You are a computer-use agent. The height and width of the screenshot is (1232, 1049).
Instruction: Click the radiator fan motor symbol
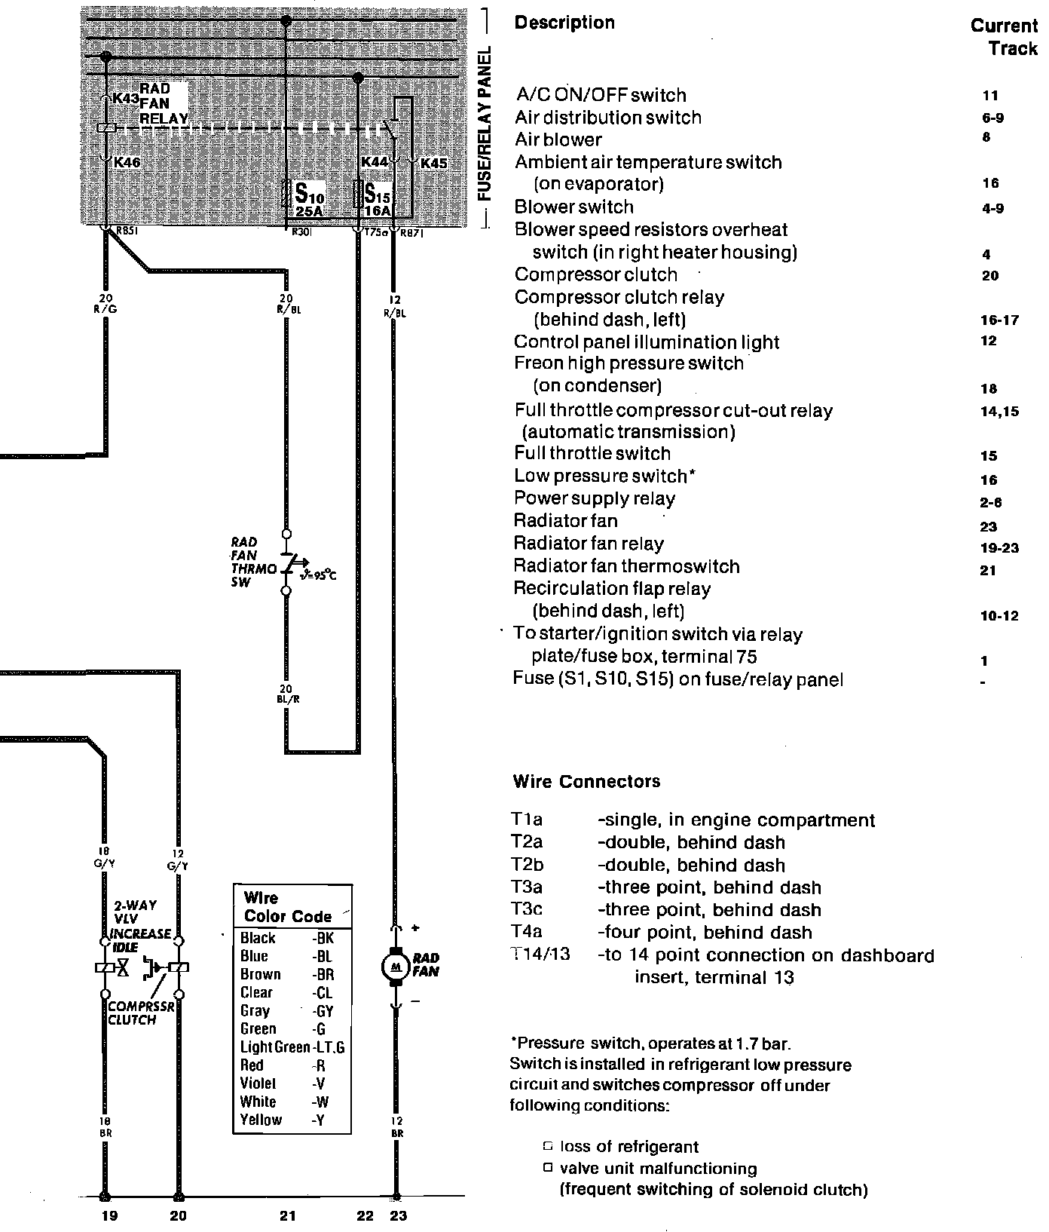pos(395,966)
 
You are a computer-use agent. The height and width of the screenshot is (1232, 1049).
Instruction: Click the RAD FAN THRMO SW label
pos(252,562)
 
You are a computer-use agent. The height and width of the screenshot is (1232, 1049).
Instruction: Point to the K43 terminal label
pos(124,99)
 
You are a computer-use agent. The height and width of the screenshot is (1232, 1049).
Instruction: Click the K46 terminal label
pos(127,162)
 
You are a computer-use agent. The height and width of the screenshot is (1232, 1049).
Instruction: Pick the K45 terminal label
pos(434,163)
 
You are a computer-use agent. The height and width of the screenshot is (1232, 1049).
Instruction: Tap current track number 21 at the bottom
pos(288,1215)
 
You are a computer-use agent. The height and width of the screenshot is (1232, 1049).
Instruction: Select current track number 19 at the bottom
pos(110,1215)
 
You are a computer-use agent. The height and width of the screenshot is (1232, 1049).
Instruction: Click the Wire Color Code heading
pos(287,907)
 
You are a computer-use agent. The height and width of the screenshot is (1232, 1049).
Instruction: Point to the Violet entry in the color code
pos(258,1083)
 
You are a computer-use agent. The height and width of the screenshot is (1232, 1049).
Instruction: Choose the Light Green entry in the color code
pos(274,1047)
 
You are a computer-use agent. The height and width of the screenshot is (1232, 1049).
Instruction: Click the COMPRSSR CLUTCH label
pos(132,1013)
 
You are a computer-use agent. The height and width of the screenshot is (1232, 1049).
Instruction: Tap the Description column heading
pos(564,23)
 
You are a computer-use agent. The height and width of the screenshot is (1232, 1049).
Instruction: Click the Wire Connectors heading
pos(586,781)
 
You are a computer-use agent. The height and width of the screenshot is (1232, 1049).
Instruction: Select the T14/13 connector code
pos(540,955)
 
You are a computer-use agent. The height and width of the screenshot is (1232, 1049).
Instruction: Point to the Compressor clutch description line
pos(595,274)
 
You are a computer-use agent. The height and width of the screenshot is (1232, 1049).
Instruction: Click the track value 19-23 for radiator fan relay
pos(999,548)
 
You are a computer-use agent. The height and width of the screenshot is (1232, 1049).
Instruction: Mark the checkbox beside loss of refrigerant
pos(548,1147)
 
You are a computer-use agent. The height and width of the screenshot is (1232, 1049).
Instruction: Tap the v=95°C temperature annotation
pos(317,576)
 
